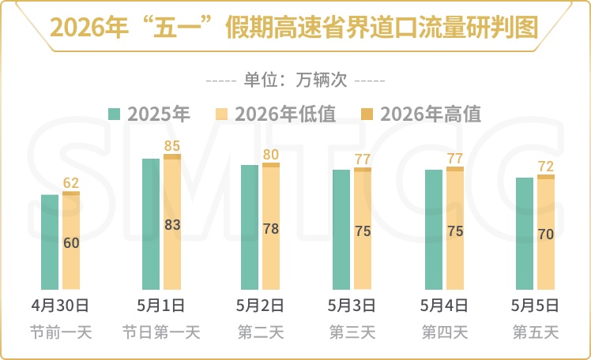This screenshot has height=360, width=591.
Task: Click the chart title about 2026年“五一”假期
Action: [x=295, y=27]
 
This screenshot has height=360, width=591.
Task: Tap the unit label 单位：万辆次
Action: [x=295, y=80]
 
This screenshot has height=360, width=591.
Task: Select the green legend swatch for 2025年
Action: [x=115, y=114]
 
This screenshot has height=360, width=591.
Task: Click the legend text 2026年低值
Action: [x=284, y=114]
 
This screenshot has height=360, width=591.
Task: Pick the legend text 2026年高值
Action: [x=431, y=114]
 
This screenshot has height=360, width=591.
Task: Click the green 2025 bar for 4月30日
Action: [x=50, y=242]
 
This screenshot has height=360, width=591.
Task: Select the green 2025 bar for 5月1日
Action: [x=151, y=224]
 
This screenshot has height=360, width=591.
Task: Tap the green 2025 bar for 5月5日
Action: [x=525, y=234]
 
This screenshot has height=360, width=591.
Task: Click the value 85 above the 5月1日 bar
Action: [x=172, y=146]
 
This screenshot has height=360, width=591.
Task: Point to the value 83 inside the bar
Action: [x=172, y=225]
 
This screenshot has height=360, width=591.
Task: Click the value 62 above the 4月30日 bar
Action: [x=71, y=183]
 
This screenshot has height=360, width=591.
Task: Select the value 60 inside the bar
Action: [x=71, y=243]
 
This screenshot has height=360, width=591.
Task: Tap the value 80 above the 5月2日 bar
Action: [x=271, y=155]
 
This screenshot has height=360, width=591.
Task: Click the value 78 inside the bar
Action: [x=271, y=229]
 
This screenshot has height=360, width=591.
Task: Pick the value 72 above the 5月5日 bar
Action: [x=546, y=167]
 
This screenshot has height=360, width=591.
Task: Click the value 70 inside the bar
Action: [x=546, y=234]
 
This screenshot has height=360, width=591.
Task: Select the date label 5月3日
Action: [x=352, y=305]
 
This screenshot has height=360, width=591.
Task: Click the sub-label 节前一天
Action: [x=61, y=332]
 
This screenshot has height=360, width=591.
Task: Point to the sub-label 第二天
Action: [x=262, y=332]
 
